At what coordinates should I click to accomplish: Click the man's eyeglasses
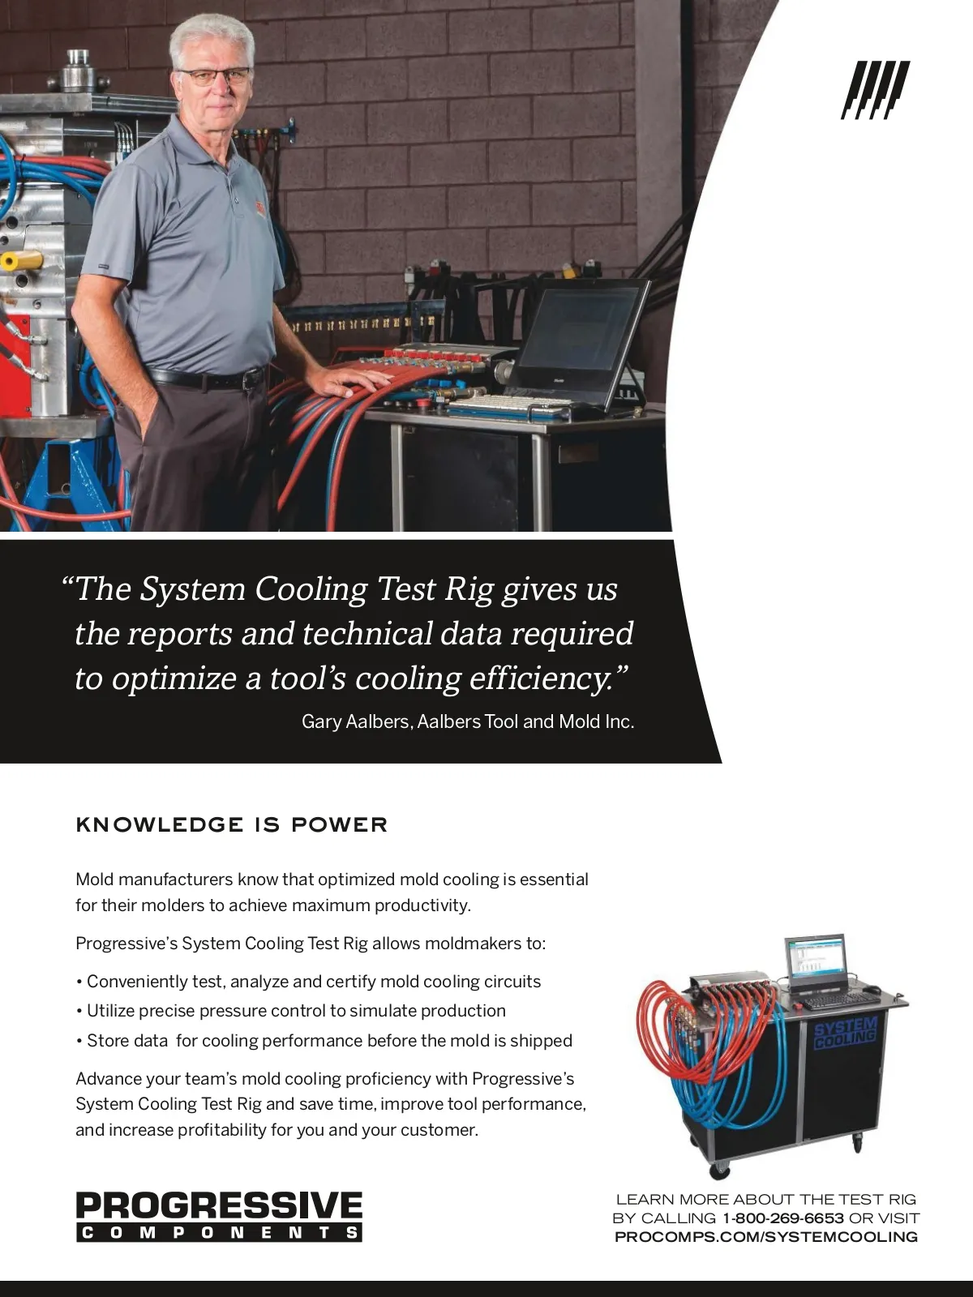[x=212, y=77]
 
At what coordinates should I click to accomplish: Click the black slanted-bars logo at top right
[x=875, y=90]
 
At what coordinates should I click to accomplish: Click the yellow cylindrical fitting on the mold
[x=21, y=261]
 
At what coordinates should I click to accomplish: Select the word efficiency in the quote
[x=549, y=678]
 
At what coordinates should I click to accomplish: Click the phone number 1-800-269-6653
[x=783, y=1218]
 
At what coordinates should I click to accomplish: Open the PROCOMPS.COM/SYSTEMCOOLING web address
[x=766, y=1237]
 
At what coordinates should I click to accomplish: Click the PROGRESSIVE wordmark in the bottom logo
[x=219, y=1206]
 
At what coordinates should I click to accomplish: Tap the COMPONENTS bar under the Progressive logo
[x=219, y=1233]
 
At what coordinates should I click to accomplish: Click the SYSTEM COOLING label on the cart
[x=845, y=1035]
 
